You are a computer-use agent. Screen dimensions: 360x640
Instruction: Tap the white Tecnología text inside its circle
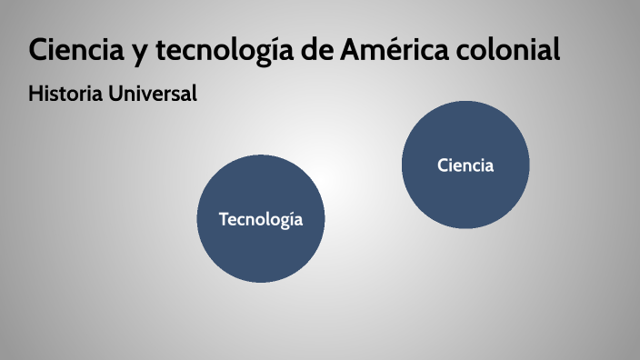[261, 219]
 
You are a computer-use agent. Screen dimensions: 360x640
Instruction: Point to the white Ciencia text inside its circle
[465, 165]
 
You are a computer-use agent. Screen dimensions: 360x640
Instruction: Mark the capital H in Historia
[35, 94]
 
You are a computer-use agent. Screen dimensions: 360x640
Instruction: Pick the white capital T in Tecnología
[224, 219]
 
